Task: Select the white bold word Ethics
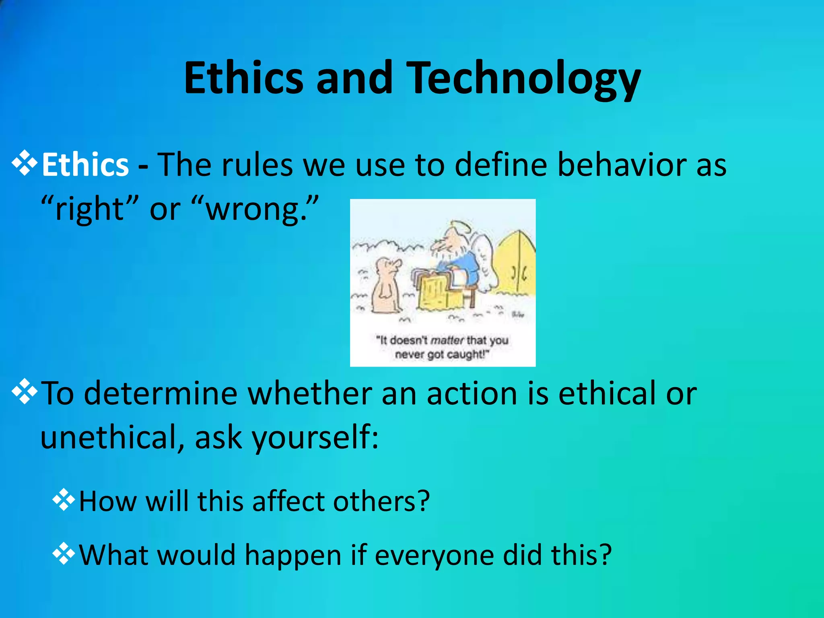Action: [x=85, y=165]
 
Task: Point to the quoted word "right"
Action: [x=90, y=209]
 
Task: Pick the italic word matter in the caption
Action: [x=447, y=341]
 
